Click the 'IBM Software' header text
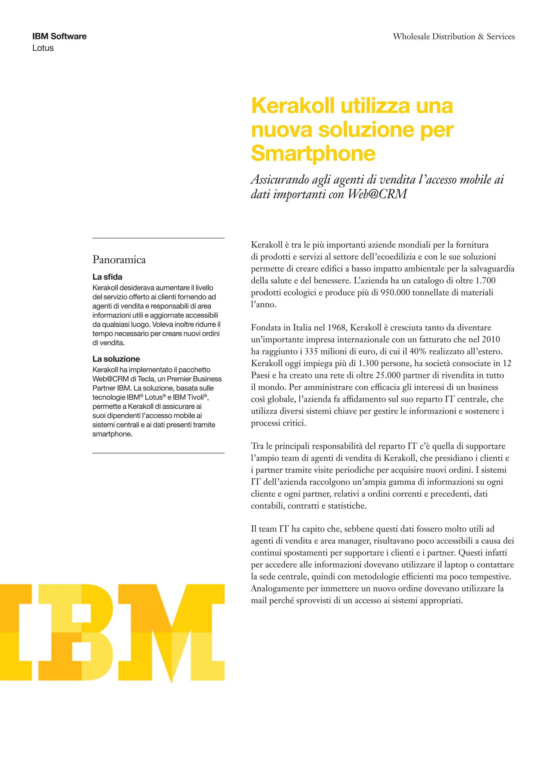coord(59,36)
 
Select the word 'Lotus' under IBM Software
coord(43,48)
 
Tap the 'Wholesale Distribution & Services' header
coord(453,36)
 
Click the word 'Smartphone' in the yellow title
coord(313,153)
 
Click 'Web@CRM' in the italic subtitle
coord(377,194)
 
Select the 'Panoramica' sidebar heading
coord(119,260)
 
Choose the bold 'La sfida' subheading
coord(107,277)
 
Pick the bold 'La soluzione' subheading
coord(116,359)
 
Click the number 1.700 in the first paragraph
coord(485,280)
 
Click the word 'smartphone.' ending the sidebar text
coord(112,434)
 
